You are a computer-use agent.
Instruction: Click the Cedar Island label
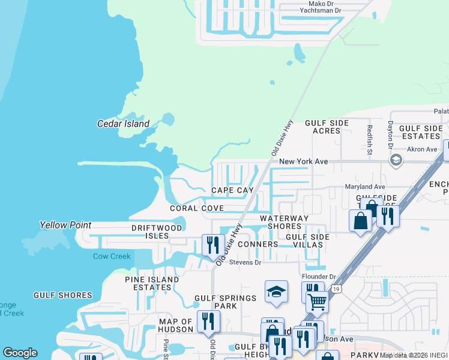123,124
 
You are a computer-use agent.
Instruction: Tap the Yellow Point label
65,225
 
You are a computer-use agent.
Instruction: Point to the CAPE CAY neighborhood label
232,190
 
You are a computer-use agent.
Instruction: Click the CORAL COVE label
196,208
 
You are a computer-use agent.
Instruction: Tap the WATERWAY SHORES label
284,222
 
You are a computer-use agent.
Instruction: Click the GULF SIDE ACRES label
327,127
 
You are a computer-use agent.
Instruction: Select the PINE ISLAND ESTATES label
152,283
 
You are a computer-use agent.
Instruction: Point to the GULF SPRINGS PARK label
225,302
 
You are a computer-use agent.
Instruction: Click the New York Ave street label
304,162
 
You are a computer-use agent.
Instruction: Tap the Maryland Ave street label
364,187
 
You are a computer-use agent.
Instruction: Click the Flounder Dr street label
318,277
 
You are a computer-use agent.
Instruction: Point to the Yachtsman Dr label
321,10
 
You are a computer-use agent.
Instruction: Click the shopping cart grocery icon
317,302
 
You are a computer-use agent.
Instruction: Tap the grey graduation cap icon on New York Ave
396,160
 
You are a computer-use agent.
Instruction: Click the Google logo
20,353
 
